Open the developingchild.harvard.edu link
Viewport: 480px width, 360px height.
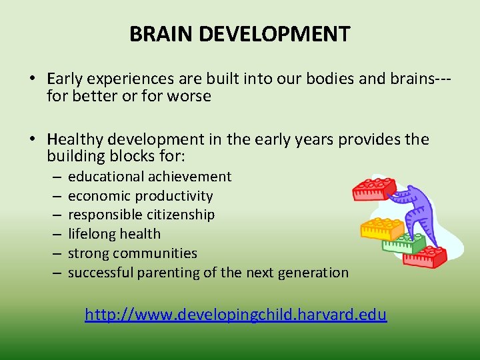click(x=235, y=314)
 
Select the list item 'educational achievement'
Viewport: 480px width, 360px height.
click(x=149, y=177)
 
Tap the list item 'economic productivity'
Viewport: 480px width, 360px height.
click(x=140, y=196)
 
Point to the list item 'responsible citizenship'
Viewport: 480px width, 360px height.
click(x=141, y=215)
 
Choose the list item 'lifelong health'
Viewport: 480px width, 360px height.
click(x=114, y=234)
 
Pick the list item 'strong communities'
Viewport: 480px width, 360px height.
click(x=133, y=253)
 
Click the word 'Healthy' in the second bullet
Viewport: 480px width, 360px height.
click(x=73, y=139)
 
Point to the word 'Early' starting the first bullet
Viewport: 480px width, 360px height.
click(x=65, y=79)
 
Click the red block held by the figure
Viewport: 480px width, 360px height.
click(x=375, y=188)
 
